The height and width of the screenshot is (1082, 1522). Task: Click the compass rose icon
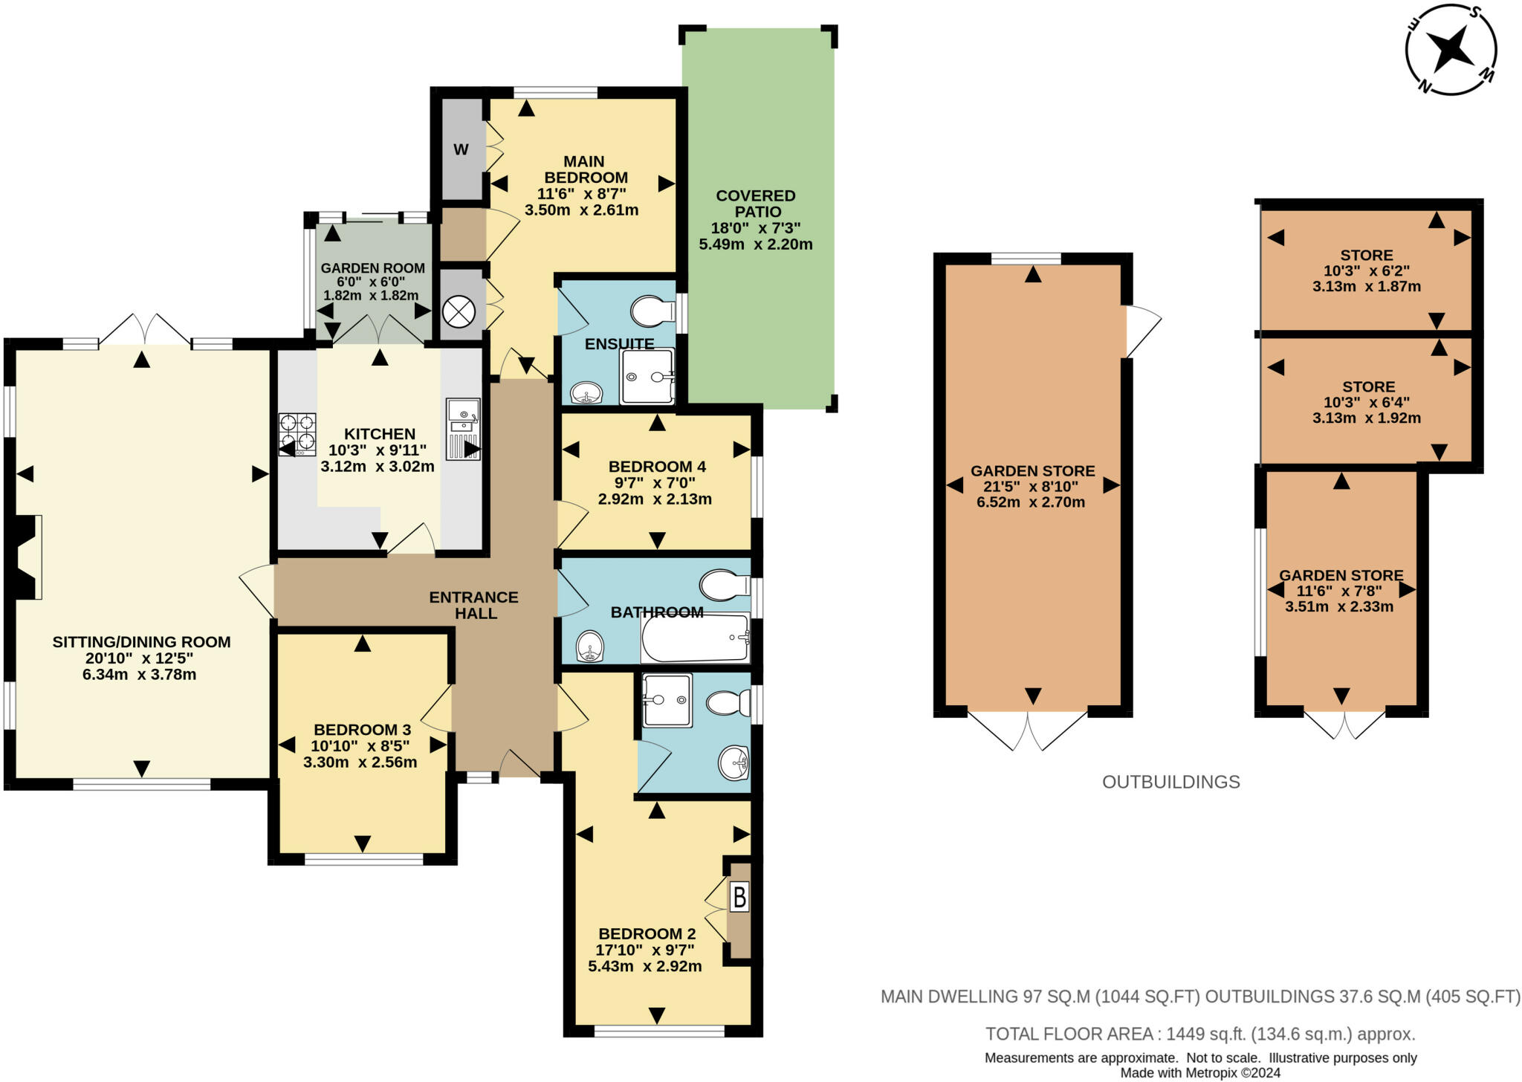[x=1451, y=50]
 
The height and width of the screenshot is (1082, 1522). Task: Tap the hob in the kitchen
[x=297, y=434]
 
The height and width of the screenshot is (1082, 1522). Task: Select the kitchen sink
[x=463, y=429]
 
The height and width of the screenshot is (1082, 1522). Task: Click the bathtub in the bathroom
[x=695, y=638]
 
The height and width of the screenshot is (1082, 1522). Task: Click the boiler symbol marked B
[x=739, y=898]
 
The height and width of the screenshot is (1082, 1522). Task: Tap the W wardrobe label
[x=461, y=149]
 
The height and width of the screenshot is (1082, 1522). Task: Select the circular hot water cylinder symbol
[x=459, y=311]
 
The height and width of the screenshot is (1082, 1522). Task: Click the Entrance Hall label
[x=474, y=605]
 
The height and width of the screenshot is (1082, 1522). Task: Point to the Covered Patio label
[x=756, y=203]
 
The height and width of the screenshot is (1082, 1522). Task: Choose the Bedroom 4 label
[x=657, y=467]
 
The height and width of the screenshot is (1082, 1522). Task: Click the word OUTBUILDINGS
[x=1171, y=782]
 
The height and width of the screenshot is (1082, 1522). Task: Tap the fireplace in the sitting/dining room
[x=28, y=557]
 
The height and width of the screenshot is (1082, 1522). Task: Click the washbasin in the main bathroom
[x=591, y=646]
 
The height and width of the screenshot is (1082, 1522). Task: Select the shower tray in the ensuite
[x=647, y=376]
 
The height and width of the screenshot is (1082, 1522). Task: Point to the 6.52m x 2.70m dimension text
[x=1031, y=502]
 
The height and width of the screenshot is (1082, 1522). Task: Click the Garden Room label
[x=373, y=268]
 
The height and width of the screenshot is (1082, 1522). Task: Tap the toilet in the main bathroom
[x=725, y=585]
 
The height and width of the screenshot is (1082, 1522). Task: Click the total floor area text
[x=1200, y=1034]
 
